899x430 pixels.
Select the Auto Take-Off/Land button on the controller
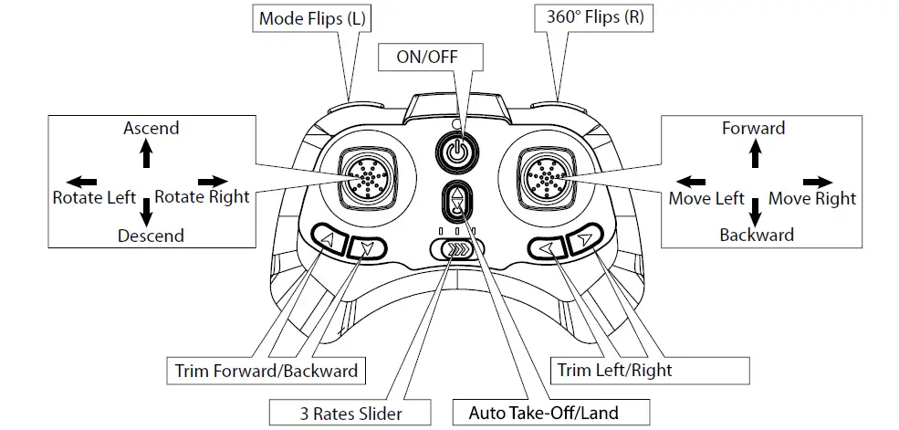click(456, 203)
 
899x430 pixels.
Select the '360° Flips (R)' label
click(594, 17)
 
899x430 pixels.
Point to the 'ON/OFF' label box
click(426, 56)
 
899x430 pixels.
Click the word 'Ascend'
click(152, 128)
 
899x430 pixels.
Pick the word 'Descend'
click(151, 236)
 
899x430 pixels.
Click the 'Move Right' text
click(812, 198)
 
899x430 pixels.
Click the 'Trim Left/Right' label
click(614, 370)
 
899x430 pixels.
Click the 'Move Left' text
click(706, 198)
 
